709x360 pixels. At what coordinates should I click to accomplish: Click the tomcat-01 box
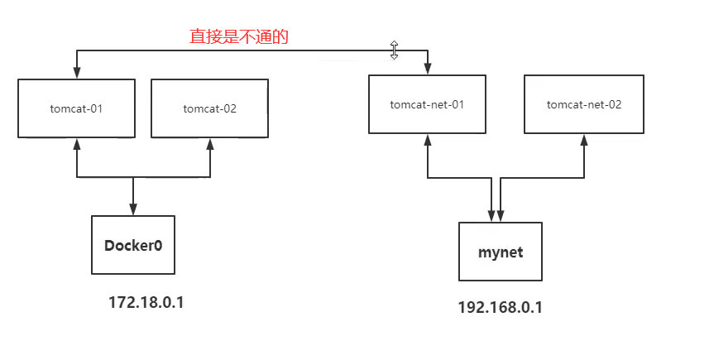click(x=76, y=108)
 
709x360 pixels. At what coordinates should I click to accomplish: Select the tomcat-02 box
click(x=209, y=108)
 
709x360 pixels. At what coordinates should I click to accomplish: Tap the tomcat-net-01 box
click(x=427, y=104)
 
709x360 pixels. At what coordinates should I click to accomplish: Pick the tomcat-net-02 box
click(x=584, y=104)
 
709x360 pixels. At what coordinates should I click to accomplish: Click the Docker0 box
click(x=132, y=245)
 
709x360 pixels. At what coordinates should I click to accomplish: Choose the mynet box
click(x=501, y=252)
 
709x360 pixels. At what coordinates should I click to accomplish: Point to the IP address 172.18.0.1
click(x=146, y=303)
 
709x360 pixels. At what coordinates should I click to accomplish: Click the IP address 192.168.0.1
click(x=500, y=307)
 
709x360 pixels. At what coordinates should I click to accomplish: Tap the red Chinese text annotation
click(x=238, y=37)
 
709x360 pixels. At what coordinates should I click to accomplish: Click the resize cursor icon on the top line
click(x=395, y=50)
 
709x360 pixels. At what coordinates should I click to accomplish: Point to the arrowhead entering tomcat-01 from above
click(x=77, y=73)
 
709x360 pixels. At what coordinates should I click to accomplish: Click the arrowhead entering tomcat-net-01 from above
click(x=428, y=69)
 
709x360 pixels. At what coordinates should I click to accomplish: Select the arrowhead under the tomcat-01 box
click(x=77, y=143)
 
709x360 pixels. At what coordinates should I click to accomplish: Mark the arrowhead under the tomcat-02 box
click(x=209, y=143)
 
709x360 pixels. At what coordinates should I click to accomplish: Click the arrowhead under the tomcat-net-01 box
click(x=428, y=139)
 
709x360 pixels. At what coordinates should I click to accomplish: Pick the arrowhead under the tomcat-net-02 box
click(x=584, y=139)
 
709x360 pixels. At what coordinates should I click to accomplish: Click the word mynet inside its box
click(x=501, y=252)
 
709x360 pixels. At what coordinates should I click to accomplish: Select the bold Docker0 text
click(x=132, y=246)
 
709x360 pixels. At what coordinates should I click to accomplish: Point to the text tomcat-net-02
click(x=584, y=105)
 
